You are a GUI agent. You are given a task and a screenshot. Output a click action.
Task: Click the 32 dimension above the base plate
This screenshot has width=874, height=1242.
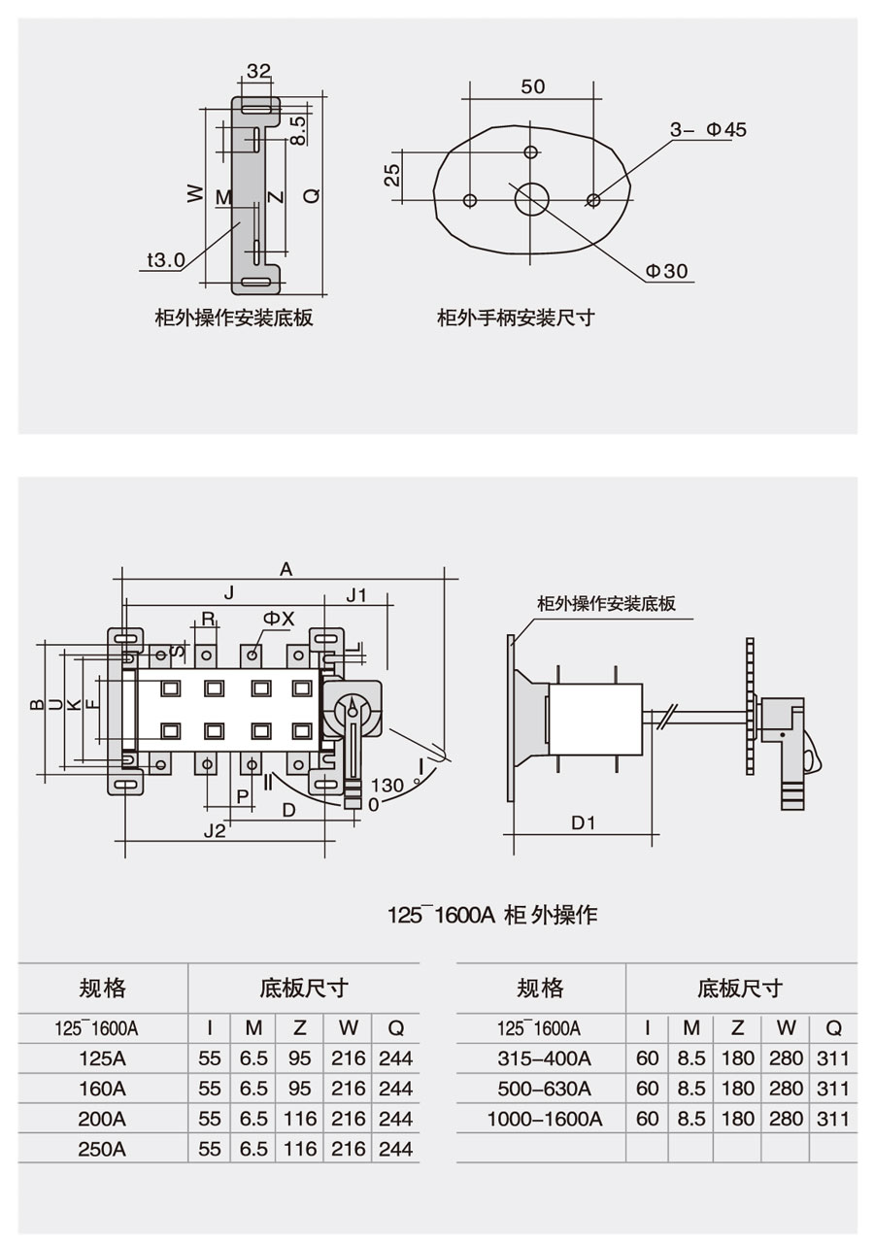tap(258, 71)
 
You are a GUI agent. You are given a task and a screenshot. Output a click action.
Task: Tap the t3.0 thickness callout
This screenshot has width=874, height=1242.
tap(166, 259)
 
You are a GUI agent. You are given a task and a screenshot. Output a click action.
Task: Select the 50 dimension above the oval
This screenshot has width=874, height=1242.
tap(532, 86)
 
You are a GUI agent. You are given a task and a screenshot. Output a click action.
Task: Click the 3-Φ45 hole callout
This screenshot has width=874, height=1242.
tap(708, 130)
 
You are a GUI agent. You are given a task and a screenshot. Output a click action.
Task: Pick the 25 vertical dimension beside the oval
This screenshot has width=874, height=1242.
tap(392, 175)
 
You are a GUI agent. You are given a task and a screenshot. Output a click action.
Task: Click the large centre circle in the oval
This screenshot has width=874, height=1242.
tap(531, 199)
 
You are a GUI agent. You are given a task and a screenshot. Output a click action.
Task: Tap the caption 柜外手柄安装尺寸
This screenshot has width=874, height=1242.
tap(516, 319)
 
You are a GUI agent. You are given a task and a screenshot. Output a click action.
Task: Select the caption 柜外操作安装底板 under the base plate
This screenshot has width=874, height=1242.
tap(234, 319)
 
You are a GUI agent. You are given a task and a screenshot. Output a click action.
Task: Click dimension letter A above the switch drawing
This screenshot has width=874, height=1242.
tap(286, 569)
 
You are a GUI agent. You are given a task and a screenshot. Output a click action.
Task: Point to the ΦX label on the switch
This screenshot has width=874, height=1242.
tap(279, 619)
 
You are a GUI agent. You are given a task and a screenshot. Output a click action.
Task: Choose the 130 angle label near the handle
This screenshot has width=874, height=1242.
tap(387, 786)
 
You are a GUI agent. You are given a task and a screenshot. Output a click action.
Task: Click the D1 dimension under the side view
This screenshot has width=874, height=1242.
tap(583, 822)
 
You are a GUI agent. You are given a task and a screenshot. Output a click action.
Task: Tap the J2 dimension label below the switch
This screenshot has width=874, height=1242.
tap(215, 830)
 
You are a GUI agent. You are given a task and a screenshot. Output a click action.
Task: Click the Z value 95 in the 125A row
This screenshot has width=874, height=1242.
tap(299, 1058)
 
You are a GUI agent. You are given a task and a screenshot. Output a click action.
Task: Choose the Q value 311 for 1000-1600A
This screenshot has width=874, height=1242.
tap(833, 1119)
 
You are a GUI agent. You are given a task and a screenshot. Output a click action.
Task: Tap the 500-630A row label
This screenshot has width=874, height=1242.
tap(544, 1089)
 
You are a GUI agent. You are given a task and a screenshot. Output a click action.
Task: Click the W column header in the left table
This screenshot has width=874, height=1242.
tap(349, 1028)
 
